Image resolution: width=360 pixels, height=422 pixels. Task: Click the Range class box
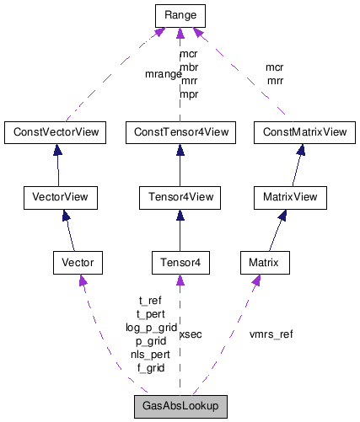tap(179, 14)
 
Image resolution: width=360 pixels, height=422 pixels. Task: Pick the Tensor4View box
tap(179, 198)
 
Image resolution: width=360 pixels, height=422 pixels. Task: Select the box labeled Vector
tap(78, 264)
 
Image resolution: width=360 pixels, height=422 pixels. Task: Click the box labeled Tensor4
tap(179, 264)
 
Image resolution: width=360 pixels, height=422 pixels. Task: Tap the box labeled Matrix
tap(265, 264)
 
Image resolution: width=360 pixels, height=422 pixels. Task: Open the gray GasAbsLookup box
tap(180, 406)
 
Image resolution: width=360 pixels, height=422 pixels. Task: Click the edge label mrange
tap(164, 74)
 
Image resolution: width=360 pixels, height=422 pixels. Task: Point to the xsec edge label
tap(191, 334)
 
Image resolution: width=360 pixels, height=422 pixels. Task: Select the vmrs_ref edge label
tap(271, 334)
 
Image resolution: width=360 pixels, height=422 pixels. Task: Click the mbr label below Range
tap(190, 67)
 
